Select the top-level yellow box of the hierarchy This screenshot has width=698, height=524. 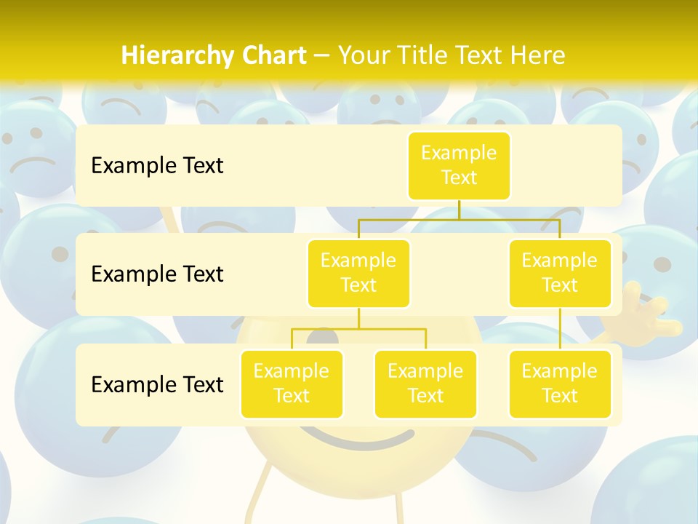tap(459, 166)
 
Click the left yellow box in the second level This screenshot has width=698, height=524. tap(358, 273)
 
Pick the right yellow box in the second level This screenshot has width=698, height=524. tap(560, 273)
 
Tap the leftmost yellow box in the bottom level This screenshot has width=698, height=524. tap(292, 384)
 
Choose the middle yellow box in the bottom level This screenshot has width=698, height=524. tap(425, 384)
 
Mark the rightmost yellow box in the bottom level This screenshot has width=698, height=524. tap(560, 384)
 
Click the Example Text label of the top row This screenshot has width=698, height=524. tap(157, 166)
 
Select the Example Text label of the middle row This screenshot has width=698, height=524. tap(157, 274)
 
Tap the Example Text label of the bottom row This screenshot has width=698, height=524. tap(157, 384)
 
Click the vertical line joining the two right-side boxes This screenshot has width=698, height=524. tap(560, 329)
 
